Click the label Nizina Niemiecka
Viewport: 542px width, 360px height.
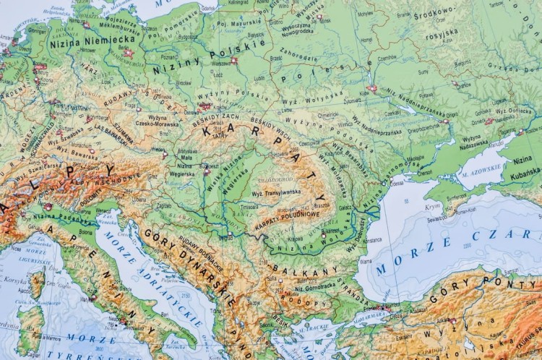click(x=83, y=43)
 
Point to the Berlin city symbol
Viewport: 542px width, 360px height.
click(x=129, y=53)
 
